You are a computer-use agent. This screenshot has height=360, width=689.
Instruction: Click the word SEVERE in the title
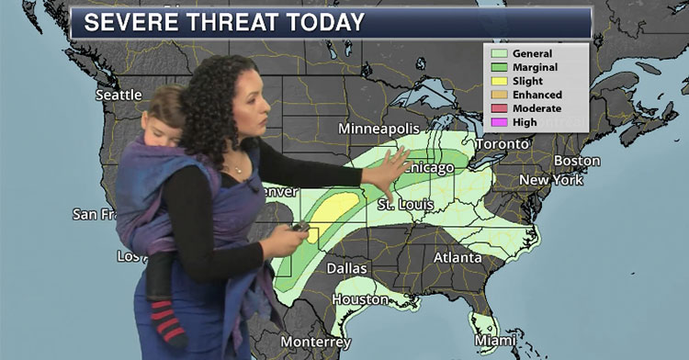point(130,21)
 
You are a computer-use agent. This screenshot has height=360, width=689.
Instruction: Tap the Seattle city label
point(119,95)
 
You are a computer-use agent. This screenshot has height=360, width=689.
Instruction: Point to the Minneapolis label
point(378,128)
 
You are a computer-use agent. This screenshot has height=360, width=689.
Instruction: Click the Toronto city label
point(502,144)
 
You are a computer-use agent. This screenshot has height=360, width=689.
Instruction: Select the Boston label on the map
point(577,161)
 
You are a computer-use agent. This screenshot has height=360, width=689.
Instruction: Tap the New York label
point(551,180)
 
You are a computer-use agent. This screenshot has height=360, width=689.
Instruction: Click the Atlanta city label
point(457,257)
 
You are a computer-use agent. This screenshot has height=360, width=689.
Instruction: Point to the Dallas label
point(345,269)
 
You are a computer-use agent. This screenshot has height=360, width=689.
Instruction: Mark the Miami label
point(495,341)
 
